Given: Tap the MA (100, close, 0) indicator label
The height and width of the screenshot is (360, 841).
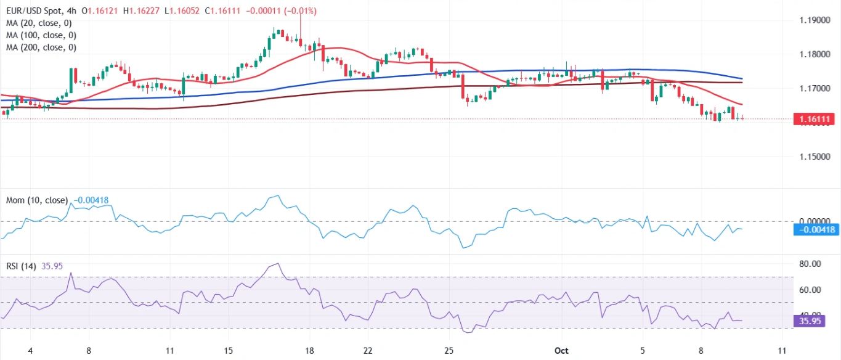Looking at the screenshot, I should click(42, 35).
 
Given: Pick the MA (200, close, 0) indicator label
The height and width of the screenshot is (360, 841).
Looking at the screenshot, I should click(42, 47).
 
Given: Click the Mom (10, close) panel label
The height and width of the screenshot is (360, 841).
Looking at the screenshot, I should click(37, 200).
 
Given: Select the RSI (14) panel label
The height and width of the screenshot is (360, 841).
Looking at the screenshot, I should click(20, 266).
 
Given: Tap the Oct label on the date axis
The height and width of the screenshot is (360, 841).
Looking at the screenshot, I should click(561, 350).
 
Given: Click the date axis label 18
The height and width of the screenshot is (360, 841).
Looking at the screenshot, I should click(309, 350).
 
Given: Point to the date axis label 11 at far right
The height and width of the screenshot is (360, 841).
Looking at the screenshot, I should click(781, 350).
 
